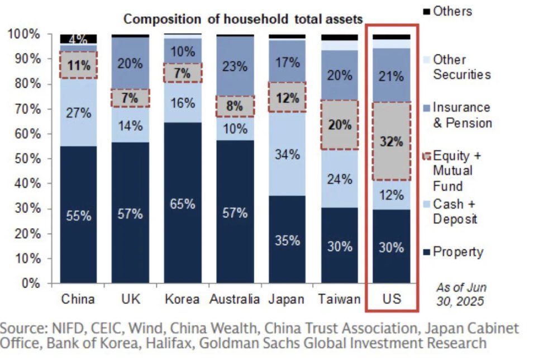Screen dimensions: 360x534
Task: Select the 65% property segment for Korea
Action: (183, 203)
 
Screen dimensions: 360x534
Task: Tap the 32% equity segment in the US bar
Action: (392, 141)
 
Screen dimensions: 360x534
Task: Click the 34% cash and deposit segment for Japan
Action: (288, 154)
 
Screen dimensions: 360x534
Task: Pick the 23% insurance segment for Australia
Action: (235, 66)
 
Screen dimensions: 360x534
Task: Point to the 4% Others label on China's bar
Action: (78, 39)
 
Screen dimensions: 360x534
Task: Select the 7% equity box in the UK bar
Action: (130, 98)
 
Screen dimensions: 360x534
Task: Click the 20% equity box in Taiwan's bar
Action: (339, 125)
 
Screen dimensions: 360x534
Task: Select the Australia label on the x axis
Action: (235, 299)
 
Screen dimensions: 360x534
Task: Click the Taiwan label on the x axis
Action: (339, 299)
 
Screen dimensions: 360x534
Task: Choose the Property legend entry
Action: (457, 252)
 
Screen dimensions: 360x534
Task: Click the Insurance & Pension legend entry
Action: (461, 115)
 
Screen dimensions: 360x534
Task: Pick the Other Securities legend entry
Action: (461, 67)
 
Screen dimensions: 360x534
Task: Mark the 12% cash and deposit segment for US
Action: (392, 195)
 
